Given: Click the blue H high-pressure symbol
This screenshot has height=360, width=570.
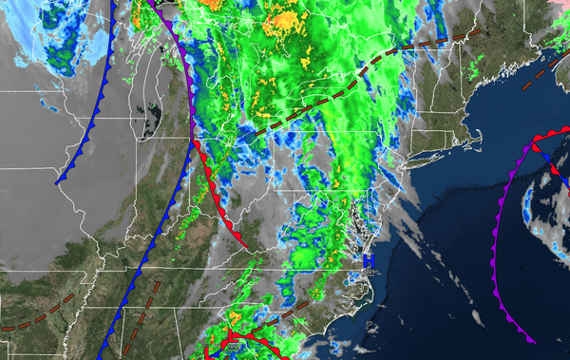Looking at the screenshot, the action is pos(370,259).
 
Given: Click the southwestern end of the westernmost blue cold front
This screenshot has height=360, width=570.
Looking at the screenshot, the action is pos(58,181).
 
